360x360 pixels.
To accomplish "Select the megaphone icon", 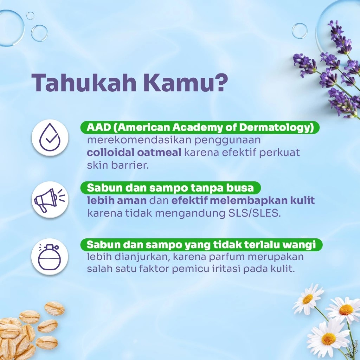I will pyautogui.click(x=49, y=199).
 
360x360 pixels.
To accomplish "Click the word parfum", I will pyautogui.click(x=224, y=257).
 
